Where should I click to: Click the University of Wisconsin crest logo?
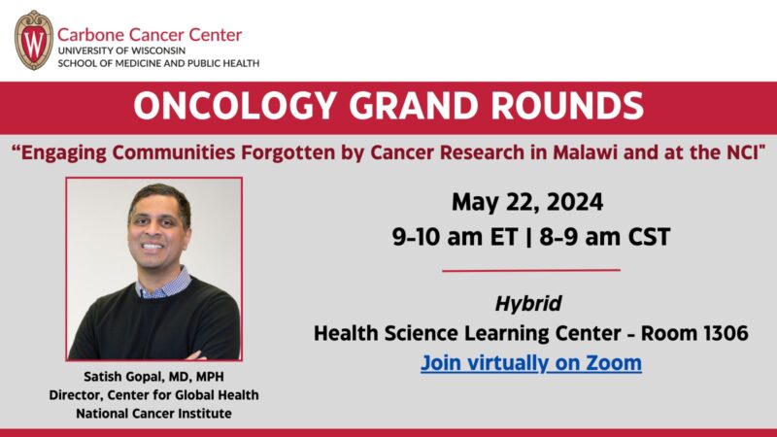(33, 40)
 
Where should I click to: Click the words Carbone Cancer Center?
(151, 34)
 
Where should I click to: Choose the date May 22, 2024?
(527, 203)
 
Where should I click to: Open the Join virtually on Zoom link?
(530, 363)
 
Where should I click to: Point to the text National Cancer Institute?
(153, 413)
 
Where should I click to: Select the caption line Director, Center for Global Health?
(153, 394)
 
